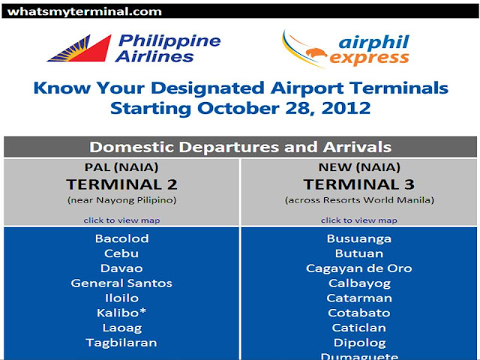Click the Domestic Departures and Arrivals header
[x=240, y=147]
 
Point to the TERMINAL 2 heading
[x=121, y=184]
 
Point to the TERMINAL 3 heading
[x=358, y=184]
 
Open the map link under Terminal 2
[x=121, y=220]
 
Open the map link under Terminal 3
[x=358, y=220]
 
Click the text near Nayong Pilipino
[x=121, y=200]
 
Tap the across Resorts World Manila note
[x=358, y=200]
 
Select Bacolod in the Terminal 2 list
[x=121, y=239]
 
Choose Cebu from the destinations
[x=121, y=253]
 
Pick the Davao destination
[x=121, y=268]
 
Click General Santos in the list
[x=121, y=283]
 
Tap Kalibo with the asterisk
[x=121, y=313]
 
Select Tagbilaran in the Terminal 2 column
[x=121, y=343]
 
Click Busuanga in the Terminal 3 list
[x=359, y=239]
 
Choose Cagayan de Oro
[x=359, y=268]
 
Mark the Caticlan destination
[x=359, y=328]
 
